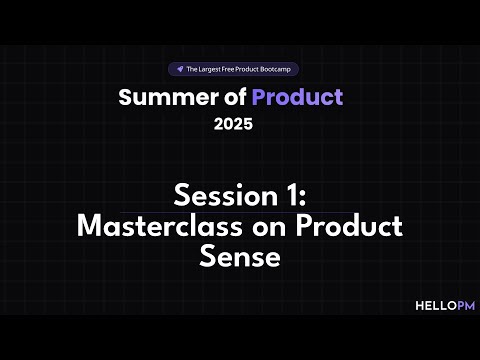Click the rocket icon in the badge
179,69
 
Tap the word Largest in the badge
207,69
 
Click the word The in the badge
191,69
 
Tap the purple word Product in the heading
297,97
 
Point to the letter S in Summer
126,97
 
